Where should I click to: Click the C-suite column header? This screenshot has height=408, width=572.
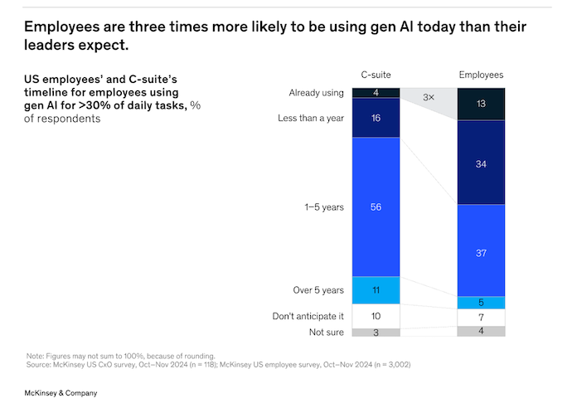(375, 75)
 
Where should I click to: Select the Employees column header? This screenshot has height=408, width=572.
(481, 75)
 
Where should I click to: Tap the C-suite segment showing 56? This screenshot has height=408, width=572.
(376, 207)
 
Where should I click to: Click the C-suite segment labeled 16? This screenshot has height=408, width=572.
(376, 119)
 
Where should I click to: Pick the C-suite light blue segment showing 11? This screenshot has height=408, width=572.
(376, 290)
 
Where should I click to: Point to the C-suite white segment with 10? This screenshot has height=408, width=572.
(376, 316)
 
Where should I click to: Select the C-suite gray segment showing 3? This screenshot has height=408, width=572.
(376, 333)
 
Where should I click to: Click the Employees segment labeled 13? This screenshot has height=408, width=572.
(481, 104)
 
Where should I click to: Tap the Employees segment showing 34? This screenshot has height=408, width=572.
(481, 163)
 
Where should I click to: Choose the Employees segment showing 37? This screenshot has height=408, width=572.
(481, 250)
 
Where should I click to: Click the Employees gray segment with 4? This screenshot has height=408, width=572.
(481, 332)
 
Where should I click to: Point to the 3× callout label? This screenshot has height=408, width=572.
(429, 97)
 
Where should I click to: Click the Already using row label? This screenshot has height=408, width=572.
(316, 93)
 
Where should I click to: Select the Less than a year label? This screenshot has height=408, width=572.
(311, 119)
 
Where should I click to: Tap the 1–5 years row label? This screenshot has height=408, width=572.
(326, 207)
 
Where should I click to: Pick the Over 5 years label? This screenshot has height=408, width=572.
(320, 290)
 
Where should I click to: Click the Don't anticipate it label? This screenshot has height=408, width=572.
(308, 316)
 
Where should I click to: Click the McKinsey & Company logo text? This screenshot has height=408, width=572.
(61, 392)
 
